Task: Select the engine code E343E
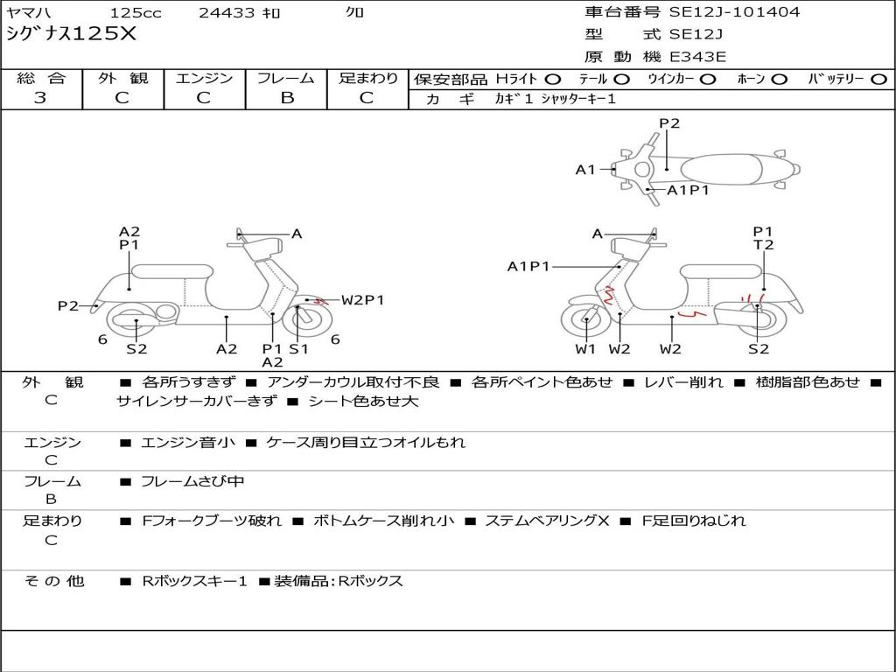(x=697, y=58)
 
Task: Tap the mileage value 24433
(x=227, y=13)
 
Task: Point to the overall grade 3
(x=40, y=98)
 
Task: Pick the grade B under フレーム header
(x=286, y=98)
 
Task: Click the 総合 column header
(x=41, y=79)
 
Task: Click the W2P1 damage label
(x=363, y=300)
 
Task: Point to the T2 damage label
(x=764, y=245)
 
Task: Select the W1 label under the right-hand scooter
(x=585, y=349)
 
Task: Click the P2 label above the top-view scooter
(x=669, y=123)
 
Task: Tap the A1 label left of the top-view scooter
(x=585, y=170)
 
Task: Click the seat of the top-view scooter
(x=724, y=168)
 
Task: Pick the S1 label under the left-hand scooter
(x=299, y=349)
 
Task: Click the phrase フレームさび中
(x=193, y=481)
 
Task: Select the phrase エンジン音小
(x=188, y=443)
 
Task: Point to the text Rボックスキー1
(x=194, y=581)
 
